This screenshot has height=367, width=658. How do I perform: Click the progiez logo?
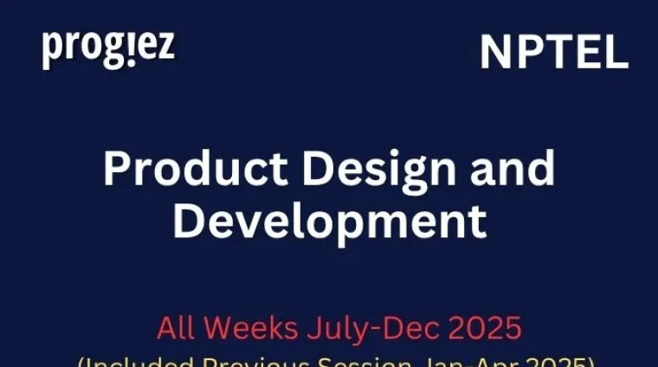pyautogui.click(x=108, y=49)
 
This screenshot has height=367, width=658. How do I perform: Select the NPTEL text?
pyautogui.click(x=554, y=54)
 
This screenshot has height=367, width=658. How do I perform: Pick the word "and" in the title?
pyautogui.click(x=508, y=169)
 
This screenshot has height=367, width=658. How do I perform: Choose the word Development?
pyautogui.click(x=329, y=222)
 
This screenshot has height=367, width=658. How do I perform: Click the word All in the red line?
pyautogui.click(x=174, y=329)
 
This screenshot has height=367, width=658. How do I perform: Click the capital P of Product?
pyautogui.click(x=117, y=169)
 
